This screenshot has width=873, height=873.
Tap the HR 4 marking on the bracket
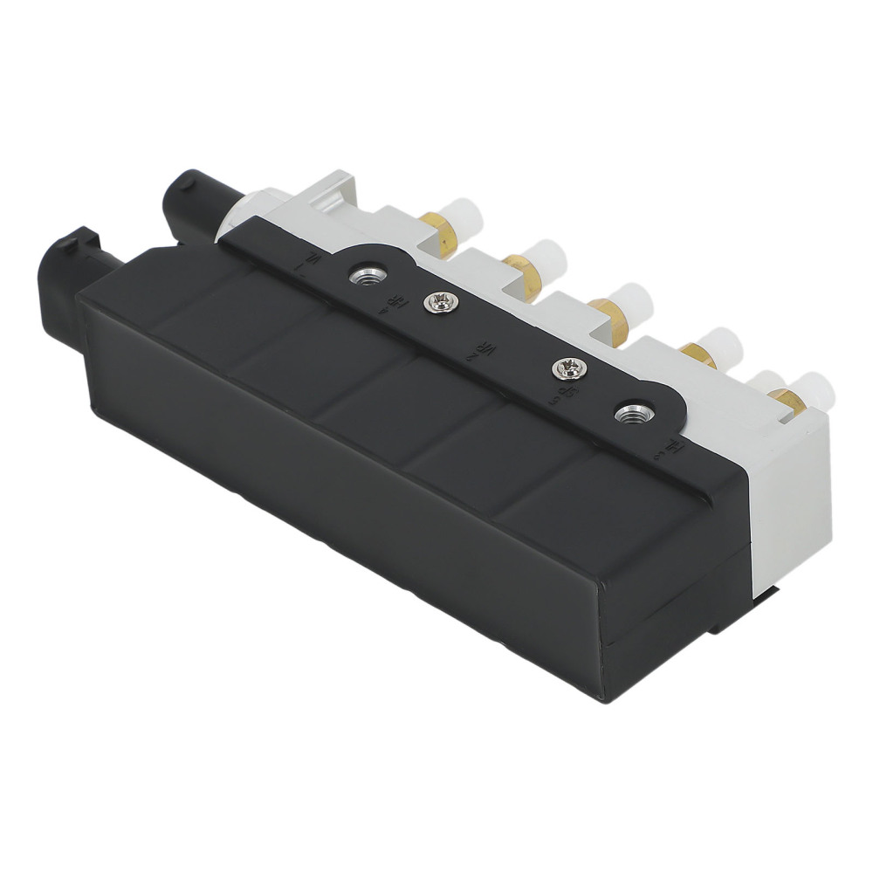point(386,302)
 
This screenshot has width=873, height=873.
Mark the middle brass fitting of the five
point(604,306)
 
